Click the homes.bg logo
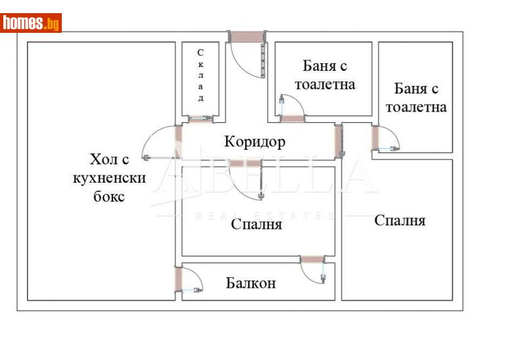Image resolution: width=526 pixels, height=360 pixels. [31, 23]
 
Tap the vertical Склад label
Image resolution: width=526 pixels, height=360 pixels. [201, 75]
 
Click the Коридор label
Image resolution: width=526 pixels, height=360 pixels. [254, 141]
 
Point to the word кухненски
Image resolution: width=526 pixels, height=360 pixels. [108, 178]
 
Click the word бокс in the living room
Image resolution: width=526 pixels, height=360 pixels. [108, 196]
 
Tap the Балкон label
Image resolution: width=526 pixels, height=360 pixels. [251, 283]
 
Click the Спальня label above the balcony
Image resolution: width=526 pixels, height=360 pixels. [256, 225]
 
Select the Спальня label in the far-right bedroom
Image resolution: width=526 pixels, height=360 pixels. [400, 220]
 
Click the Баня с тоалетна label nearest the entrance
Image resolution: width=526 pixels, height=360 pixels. [325, 75]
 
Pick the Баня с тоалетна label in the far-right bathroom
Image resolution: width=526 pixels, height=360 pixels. [416, 97]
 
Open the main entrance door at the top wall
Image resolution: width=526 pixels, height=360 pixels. [246, 37]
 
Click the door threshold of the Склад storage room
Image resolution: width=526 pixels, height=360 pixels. [200, 119]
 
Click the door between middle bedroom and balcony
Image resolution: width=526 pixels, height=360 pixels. [312, 260]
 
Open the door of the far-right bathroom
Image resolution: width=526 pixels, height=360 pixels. [376, 139]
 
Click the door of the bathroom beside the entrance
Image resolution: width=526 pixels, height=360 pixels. [293, 118]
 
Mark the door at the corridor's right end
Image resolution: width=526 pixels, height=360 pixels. [339, 139]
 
